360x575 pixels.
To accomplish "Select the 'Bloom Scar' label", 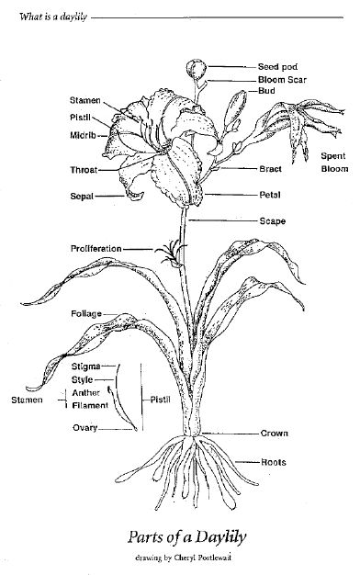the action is point(280,80).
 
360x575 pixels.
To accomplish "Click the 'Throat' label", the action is point(82,170).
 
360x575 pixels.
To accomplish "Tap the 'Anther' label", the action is point(85,392).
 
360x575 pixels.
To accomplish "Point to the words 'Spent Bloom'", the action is point(333,163).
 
